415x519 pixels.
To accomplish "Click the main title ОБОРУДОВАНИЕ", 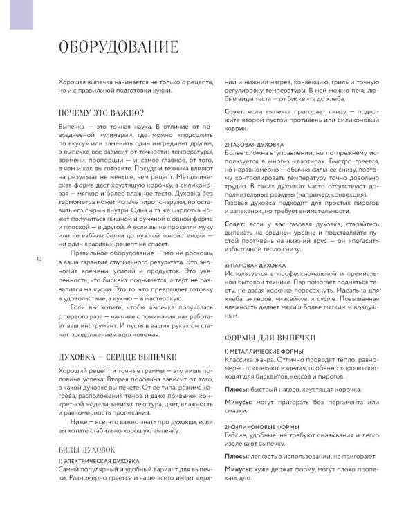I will point(118,47).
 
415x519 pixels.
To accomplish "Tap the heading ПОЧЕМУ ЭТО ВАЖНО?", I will point(101,113).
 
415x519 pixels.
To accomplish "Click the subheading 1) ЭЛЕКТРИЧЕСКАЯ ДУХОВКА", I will point(99,460).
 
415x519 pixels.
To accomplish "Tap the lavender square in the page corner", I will point(21,15).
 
